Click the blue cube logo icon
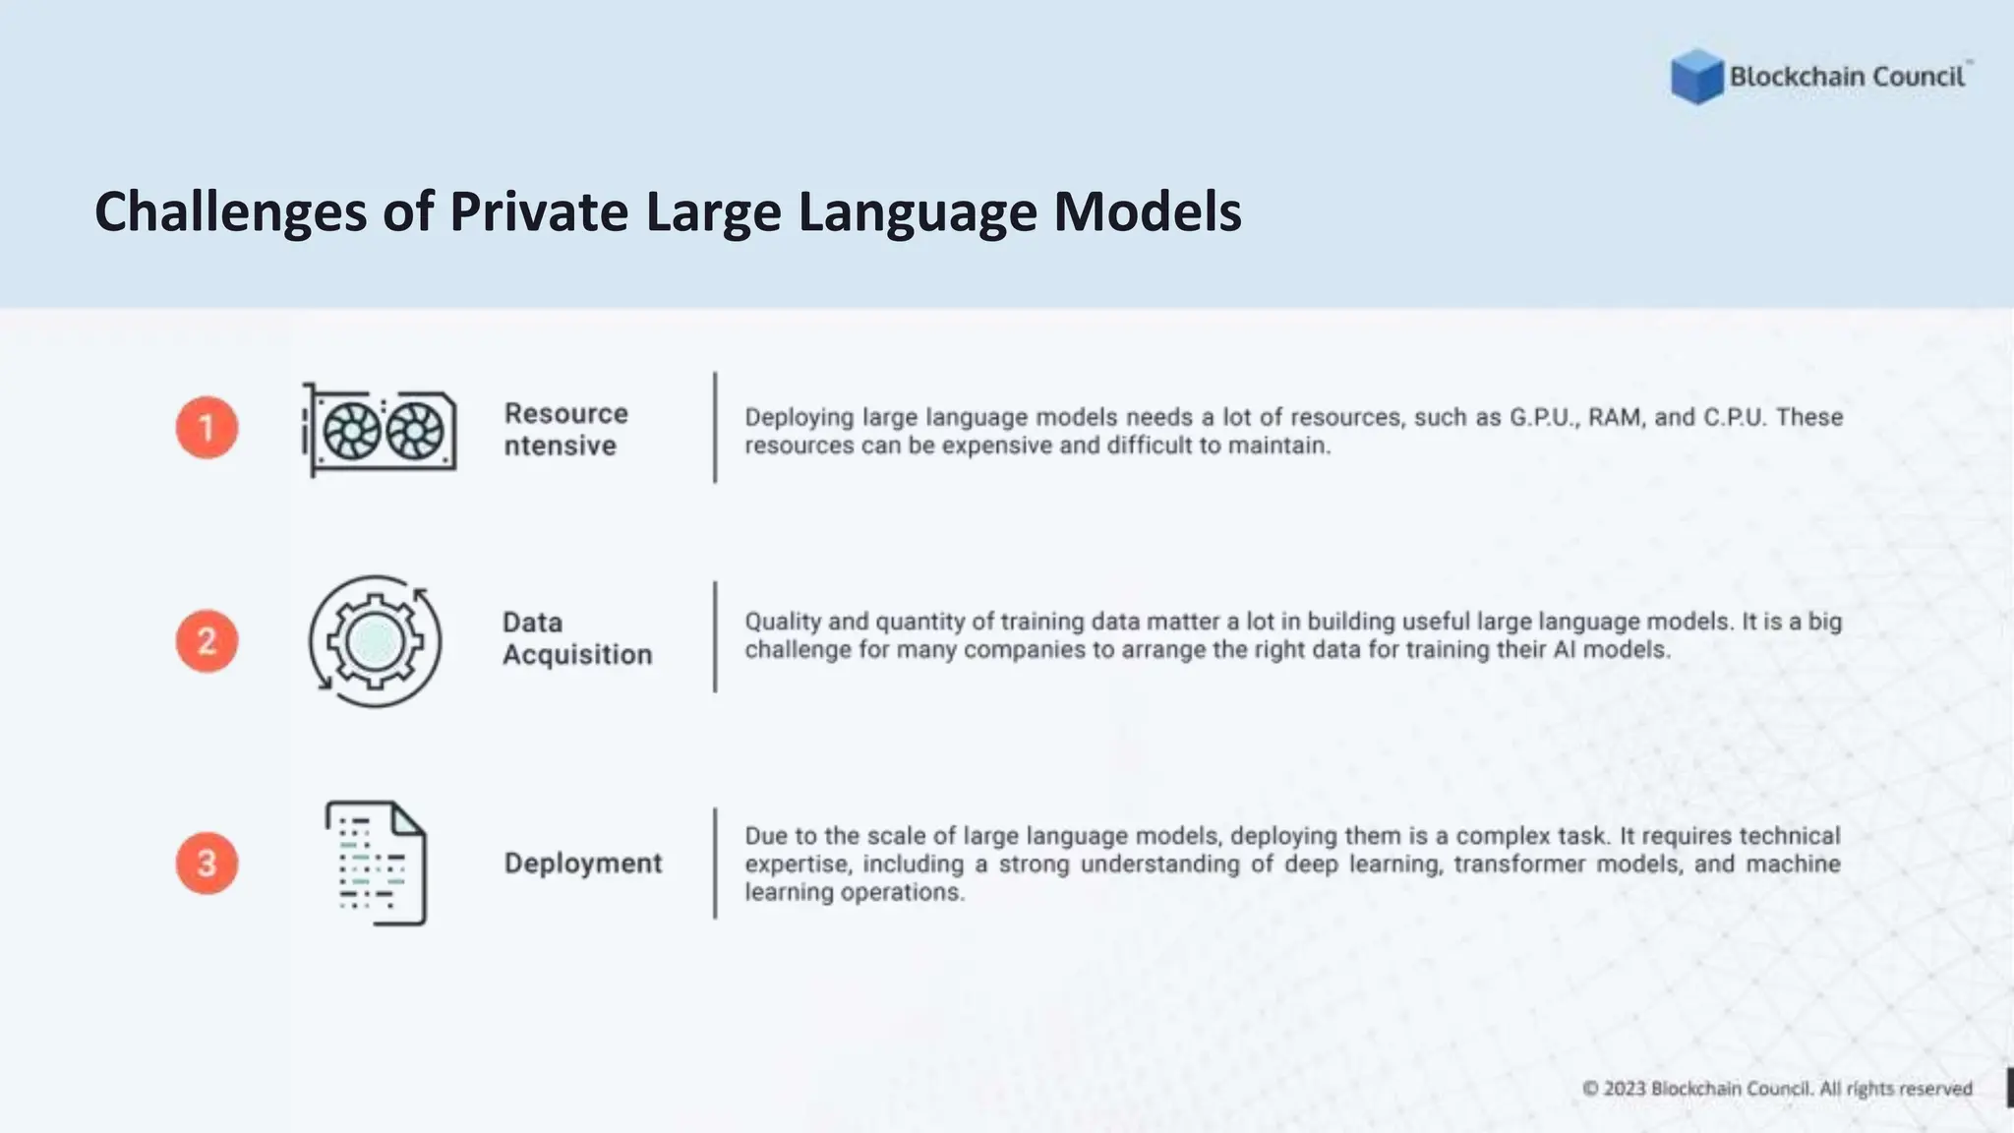1696,77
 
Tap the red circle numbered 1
207,428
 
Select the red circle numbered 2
207,641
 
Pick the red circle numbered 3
207,864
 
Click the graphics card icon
379,430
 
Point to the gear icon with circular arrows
375,641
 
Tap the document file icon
376,864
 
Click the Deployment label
583,864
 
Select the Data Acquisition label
576,638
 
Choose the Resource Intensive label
565,429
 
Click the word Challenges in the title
230,212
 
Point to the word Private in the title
538,212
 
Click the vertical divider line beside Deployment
715,864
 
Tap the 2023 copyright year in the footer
1625,1089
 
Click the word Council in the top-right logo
1918,77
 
